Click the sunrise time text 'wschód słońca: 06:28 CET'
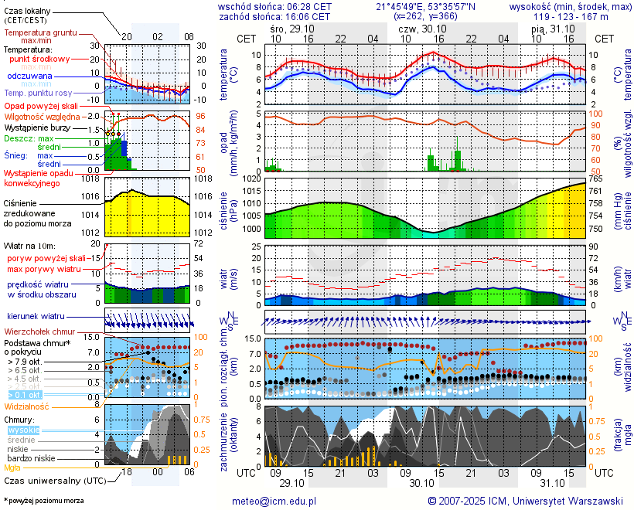[275, 6]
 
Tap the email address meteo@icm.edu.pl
[274, 501]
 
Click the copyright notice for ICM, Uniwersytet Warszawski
[525, 501]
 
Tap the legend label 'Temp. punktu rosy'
[38, 93]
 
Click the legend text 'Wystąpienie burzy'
[36, 126]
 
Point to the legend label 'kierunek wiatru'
[36, 317]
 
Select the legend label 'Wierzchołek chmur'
[40, 331]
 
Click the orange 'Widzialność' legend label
[27, 406]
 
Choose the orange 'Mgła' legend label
[12, 467]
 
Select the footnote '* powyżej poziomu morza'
[43, 501]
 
